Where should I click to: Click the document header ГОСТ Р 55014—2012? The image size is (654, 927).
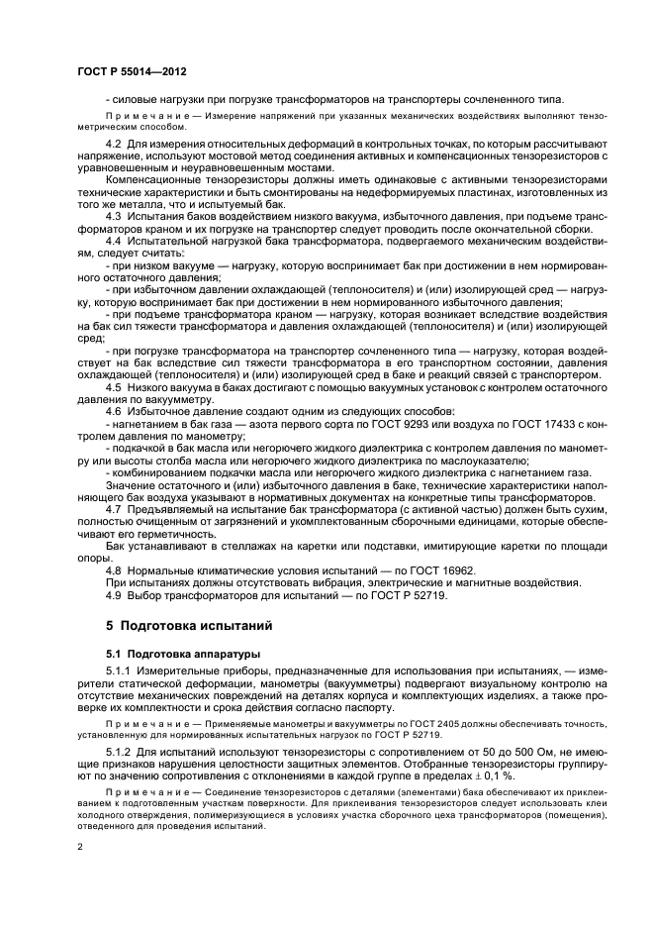(x=133, y=73)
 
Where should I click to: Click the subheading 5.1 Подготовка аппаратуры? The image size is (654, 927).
(x=169, y=655)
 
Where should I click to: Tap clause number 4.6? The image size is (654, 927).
(x=113, y=411)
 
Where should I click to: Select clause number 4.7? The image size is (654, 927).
(x=113, y=506)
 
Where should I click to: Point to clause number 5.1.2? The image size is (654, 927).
(x=119, y=757)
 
